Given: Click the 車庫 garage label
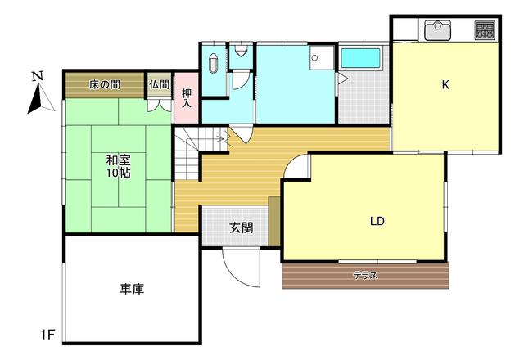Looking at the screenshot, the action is point(132,289).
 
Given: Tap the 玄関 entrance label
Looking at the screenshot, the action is point(241,228).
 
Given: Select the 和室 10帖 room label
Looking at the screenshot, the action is point(118,166).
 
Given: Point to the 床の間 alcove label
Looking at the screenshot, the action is point(105,85).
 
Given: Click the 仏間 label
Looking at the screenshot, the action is point(160,84).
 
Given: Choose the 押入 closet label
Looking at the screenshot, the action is point(187,98).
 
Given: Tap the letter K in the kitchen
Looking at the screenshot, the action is point(445,85).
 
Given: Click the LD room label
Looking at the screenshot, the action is point(377,221).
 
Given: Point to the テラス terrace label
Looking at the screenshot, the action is point(366,276).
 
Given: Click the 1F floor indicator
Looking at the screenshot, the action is point(47,335).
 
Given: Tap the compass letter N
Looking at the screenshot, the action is point(38,76).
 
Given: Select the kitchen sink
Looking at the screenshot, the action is point(437,30).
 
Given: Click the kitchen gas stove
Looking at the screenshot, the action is point(485,29).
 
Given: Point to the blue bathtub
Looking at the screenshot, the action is point(360,58).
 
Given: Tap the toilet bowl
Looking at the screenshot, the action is point(240,51).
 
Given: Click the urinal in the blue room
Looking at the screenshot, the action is point(214,63).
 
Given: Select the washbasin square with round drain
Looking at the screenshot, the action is point(322,57).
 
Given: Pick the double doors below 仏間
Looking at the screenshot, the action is point(160,106).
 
